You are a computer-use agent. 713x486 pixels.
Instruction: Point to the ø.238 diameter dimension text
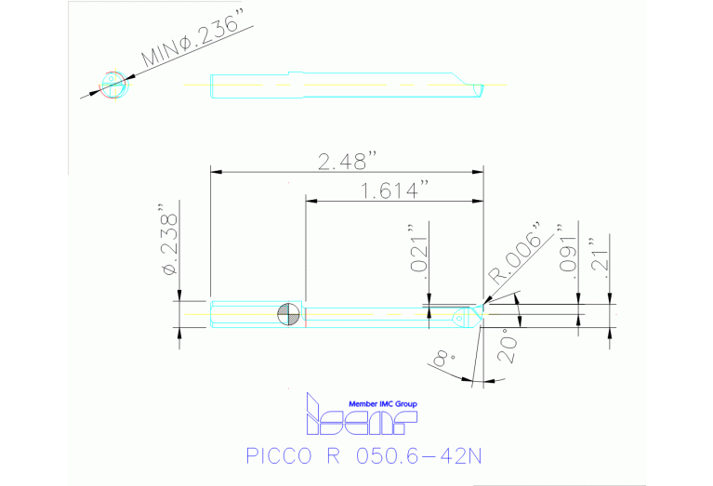pos(169,240)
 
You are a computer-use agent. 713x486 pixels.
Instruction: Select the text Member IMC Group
pos(381,403)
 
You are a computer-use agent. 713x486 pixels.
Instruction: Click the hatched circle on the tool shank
pos(289,314)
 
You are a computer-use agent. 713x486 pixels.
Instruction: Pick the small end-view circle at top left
pos(112,85)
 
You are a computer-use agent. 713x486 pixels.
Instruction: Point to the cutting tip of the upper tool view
pos(481,87)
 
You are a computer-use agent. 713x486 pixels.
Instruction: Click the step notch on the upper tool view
pos(296,73)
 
